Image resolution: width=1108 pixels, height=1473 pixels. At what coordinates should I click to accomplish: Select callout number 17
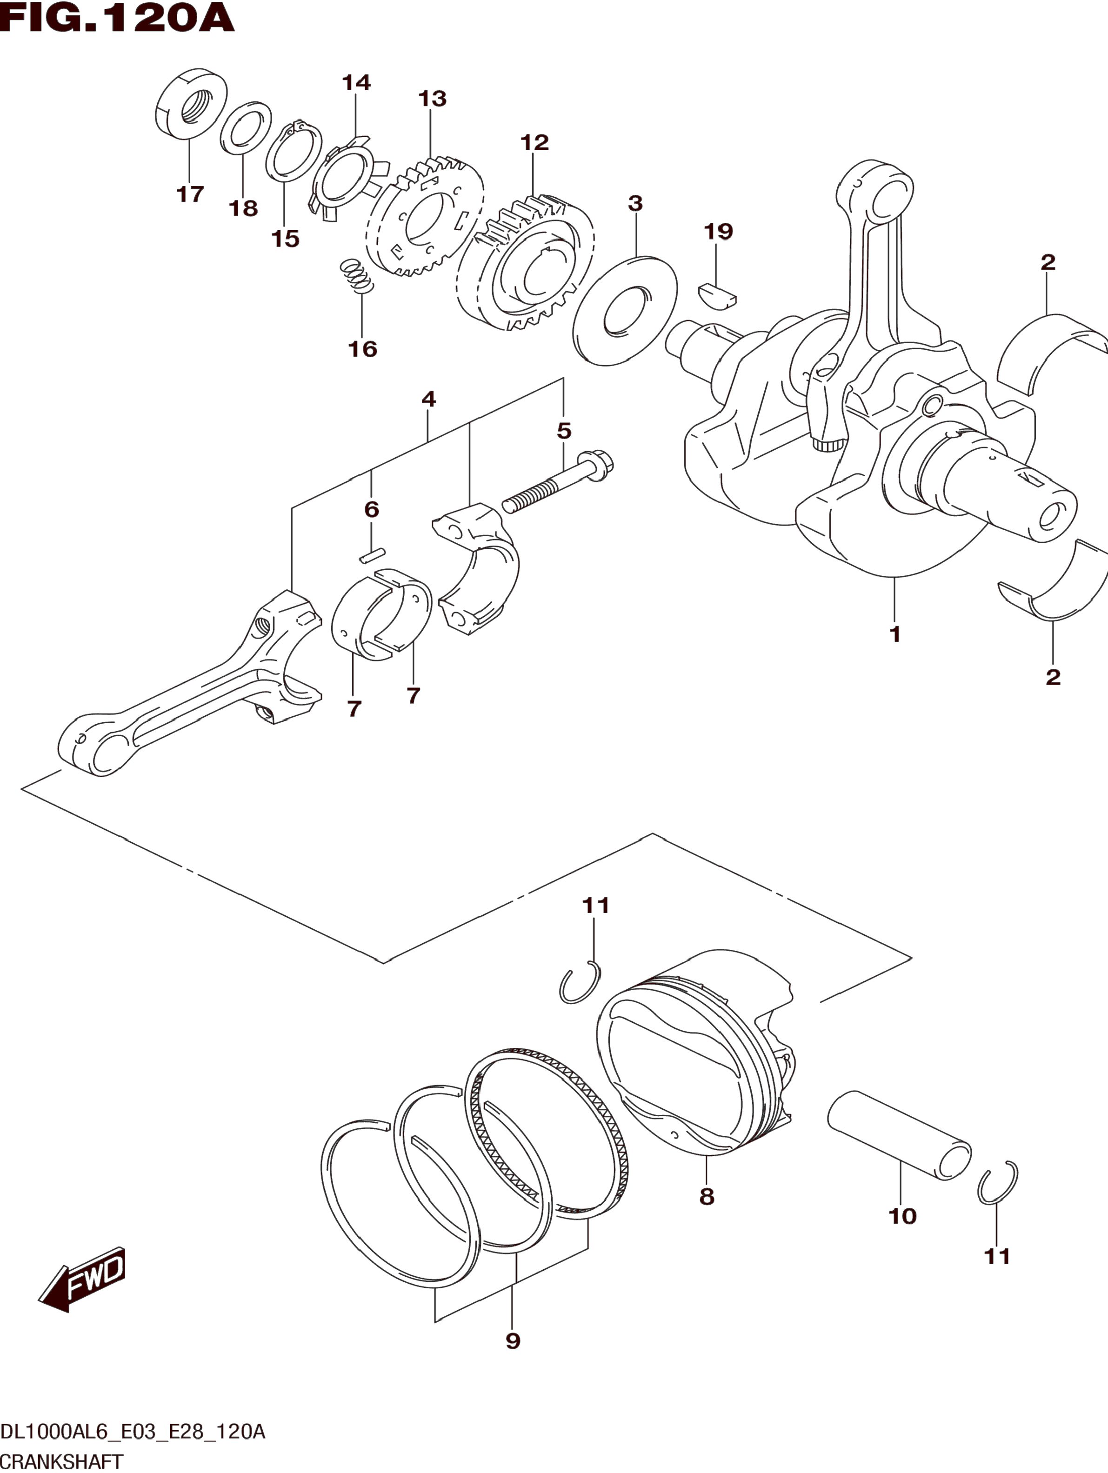point(190,194)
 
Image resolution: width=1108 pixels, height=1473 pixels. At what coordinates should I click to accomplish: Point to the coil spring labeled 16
point(356,275)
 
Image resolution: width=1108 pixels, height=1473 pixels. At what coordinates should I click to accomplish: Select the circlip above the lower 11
point(997,1182)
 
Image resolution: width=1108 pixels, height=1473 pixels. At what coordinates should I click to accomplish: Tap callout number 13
point(432,99)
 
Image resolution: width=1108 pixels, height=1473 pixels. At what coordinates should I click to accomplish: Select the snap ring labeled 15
point(293,153)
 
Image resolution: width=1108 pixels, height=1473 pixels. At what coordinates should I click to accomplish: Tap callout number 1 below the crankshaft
point(895,634)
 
